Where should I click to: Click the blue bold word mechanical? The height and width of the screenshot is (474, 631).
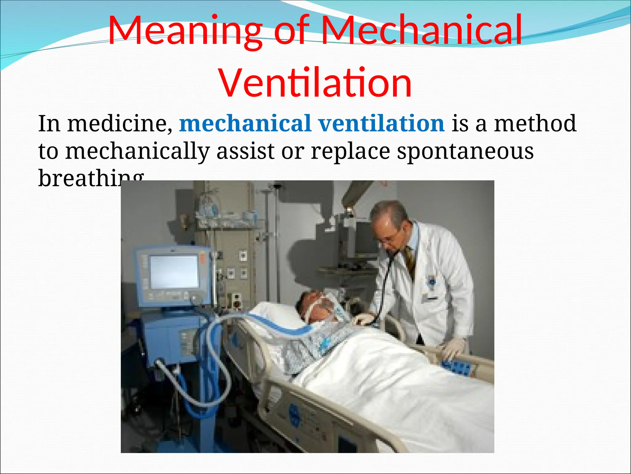pos(245,123)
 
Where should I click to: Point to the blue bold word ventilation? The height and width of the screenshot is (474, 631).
pos(381,123)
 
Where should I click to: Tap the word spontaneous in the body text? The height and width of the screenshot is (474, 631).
pos(465,151)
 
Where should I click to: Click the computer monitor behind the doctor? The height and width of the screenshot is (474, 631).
pos(365,239)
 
